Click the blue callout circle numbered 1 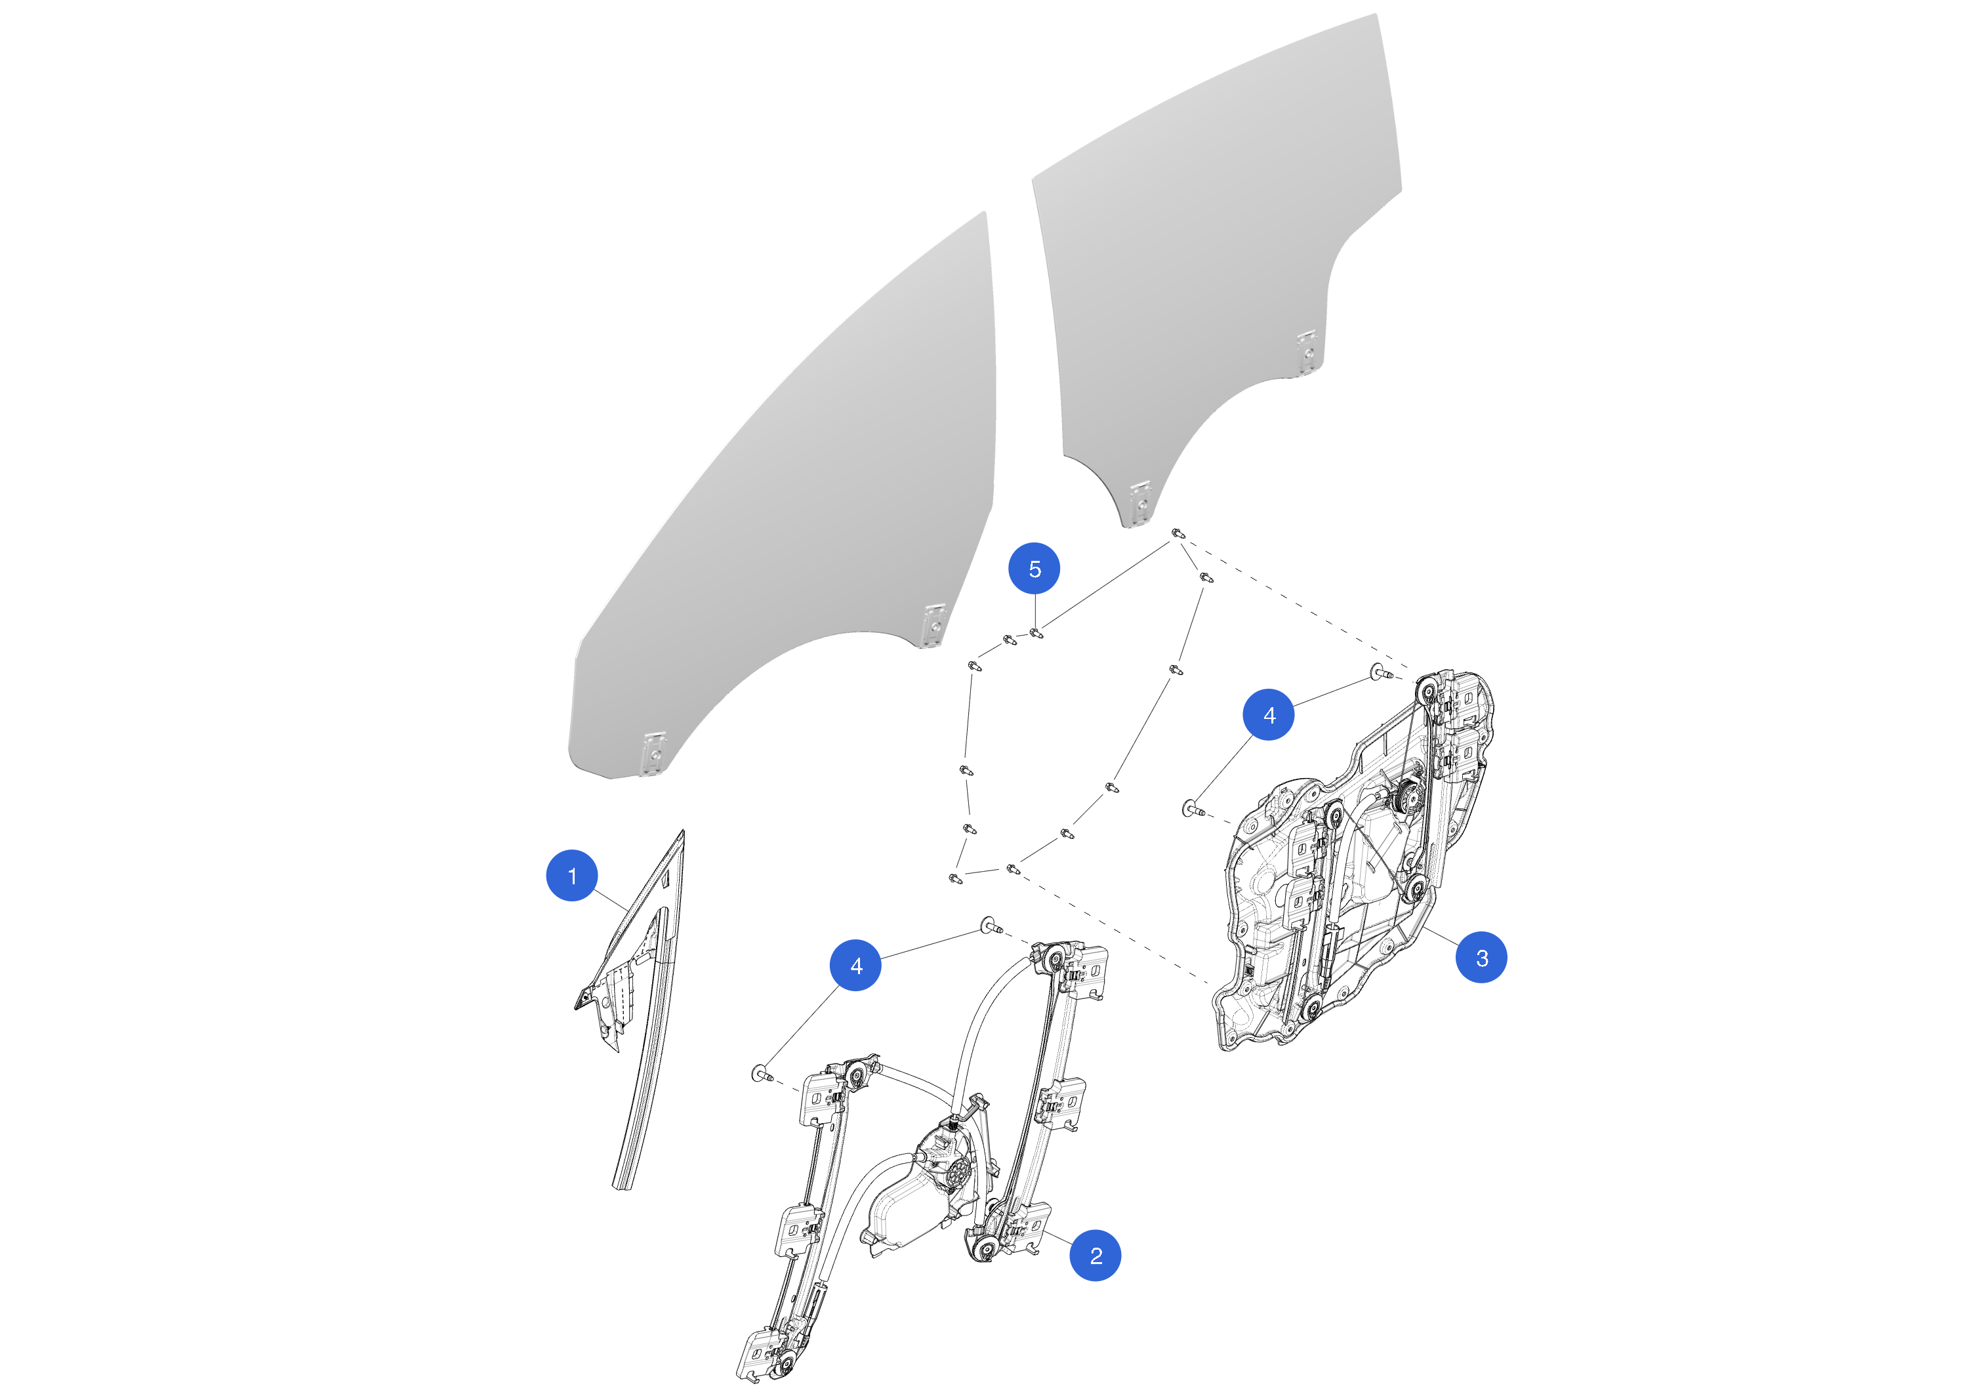point(572,875)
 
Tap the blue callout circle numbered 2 point(1096,1256)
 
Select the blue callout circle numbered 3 point(1481,958)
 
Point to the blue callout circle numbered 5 point(1035,568)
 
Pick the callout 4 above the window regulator point(855,965)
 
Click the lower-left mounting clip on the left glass point(654,754)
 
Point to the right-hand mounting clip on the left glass point(933,625)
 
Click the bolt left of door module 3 point(1193,808)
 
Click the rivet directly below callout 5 point(1036,634)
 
